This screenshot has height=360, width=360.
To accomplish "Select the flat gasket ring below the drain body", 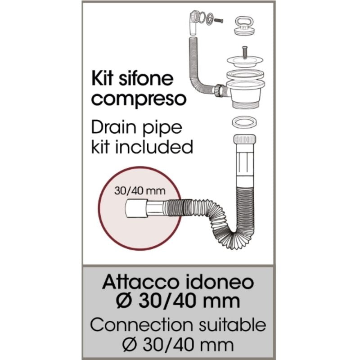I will coord(244,122).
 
